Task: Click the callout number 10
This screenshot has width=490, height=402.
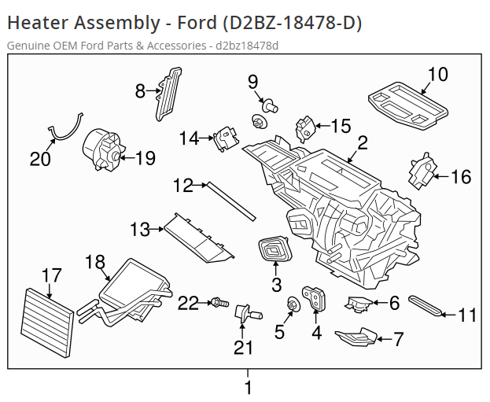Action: [x=437, y=75]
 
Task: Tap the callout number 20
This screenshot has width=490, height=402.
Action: [x=40, y=159]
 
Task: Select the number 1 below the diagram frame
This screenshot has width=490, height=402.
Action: [x=249, y=387]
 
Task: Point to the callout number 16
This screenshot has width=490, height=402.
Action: [x=460, y=177]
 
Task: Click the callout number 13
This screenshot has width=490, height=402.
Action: [x=140, y=230]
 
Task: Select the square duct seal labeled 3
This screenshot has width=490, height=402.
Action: [x=275, y=251]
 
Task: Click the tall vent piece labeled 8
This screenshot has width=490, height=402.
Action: [x=168, y=94]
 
